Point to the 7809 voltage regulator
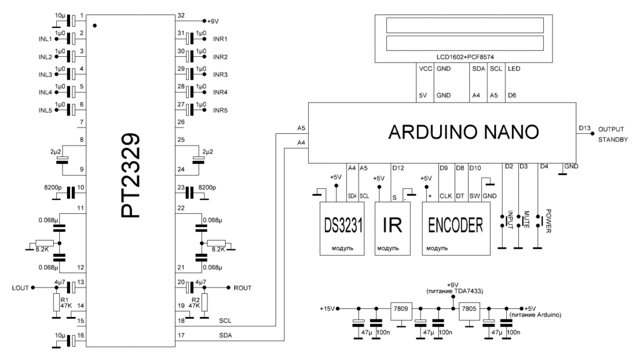(399, 309)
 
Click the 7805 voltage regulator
(468, 309)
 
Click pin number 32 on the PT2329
(181, 15)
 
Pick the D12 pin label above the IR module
(397, 167)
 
